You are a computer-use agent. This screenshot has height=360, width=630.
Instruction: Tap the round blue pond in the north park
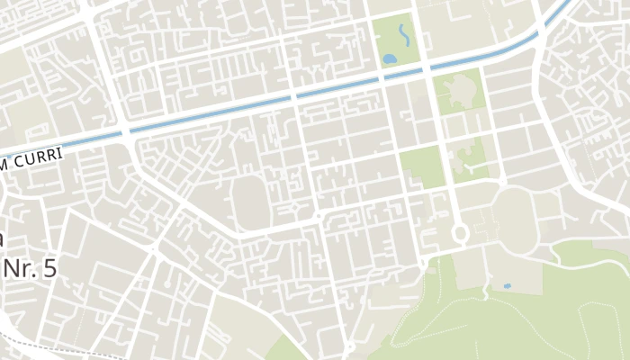coord(390,58)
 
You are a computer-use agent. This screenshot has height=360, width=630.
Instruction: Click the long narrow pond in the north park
coord(402,35)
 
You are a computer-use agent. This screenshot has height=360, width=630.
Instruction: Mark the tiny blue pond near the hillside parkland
coord(507,286)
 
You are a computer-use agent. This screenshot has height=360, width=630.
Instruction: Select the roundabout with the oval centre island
coord(461,234)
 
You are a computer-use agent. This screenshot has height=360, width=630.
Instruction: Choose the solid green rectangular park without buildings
coord(421,167)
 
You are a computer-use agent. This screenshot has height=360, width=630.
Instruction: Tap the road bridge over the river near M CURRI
coord(126,133)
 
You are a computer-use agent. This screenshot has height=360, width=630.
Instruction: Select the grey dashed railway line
coord(54,347)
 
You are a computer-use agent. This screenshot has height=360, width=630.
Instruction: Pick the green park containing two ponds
coord(396,40)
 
